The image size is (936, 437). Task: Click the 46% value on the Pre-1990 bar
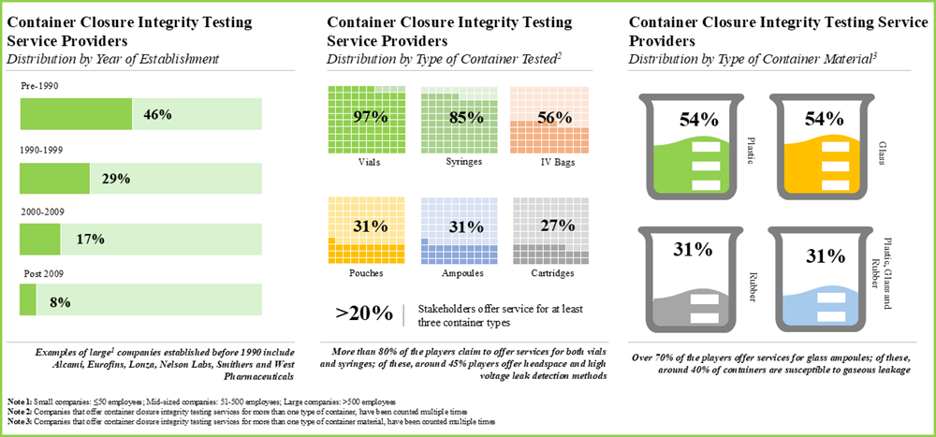(157, 115)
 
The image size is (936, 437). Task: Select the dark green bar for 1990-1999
(54, 178)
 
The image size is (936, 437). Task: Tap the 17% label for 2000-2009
(89, 240)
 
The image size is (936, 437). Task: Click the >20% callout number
(357, 313)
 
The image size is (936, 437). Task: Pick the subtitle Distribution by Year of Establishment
(112, 59)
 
